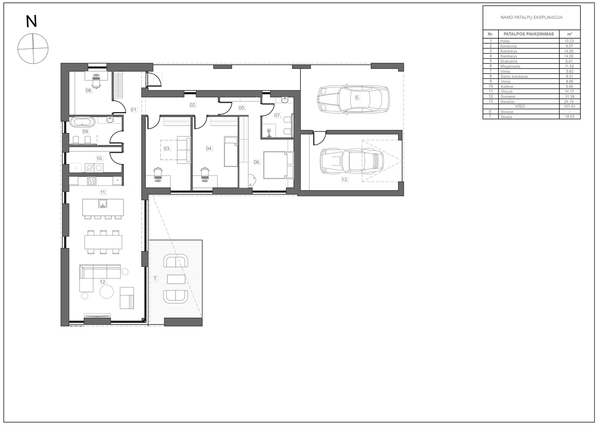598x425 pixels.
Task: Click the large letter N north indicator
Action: click(31, 22)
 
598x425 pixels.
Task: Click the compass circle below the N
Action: click(33, 49)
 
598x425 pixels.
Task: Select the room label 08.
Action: click(89, 90)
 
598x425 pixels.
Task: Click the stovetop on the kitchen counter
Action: click(92, 181)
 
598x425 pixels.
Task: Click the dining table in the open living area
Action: click(103, 242)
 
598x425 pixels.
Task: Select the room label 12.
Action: click(103, 282)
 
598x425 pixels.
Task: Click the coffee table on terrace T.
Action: click(176, 279)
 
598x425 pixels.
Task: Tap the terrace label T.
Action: click(155, 279)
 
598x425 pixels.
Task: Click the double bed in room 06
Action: click(278, 165)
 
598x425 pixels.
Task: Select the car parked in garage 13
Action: click(352, 161)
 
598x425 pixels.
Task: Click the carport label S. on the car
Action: click(357, 97)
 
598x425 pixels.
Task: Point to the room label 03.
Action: click(167, 149)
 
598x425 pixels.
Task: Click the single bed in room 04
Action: click(231, 152)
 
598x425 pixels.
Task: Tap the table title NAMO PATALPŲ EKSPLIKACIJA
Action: click(531, 17)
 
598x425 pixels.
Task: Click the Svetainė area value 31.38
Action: click(570, 97)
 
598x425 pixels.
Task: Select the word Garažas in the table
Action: click(508, 102)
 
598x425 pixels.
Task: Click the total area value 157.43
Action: click(569, 106)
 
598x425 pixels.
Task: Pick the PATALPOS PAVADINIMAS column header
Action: click(528, 34)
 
